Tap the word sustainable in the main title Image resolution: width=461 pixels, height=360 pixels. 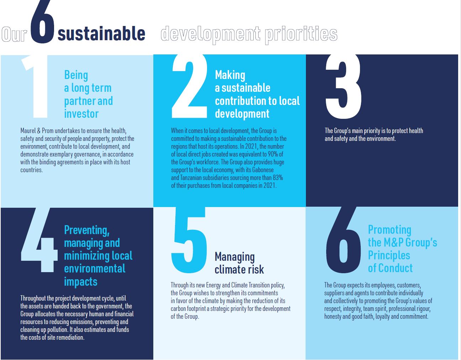coord(101,33)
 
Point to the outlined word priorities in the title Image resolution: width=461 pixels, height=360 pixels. coord(301,35)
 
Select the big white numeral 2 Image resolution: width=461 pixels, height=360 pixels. coord(189,86)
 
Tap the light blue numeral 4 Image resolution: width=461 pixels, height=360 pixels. coord(39,240)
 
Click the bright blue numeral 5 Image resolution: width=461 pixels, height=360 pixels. coord(189,240)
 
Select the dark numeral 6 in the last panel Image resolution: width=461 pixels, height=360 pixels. coord(343,240)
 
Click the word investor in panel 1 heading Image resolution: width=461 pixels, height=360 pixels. coord(81,114)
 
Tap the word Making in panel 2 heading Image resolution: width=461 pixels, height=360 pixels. coord(230,75)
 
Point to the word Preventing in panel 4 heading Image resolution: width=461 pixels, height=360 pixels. coord(87,230)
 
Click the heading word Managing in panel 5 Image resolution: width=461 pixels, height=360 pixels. coord(235,257)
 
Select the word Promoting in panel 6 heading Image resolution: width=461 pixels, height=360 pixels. coord(390,230)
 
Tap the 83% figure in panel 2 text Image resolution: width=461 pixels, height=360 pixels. coord(278,178)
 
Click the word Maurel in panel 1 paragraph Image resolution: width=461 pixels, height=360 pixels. coord(28,131)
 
